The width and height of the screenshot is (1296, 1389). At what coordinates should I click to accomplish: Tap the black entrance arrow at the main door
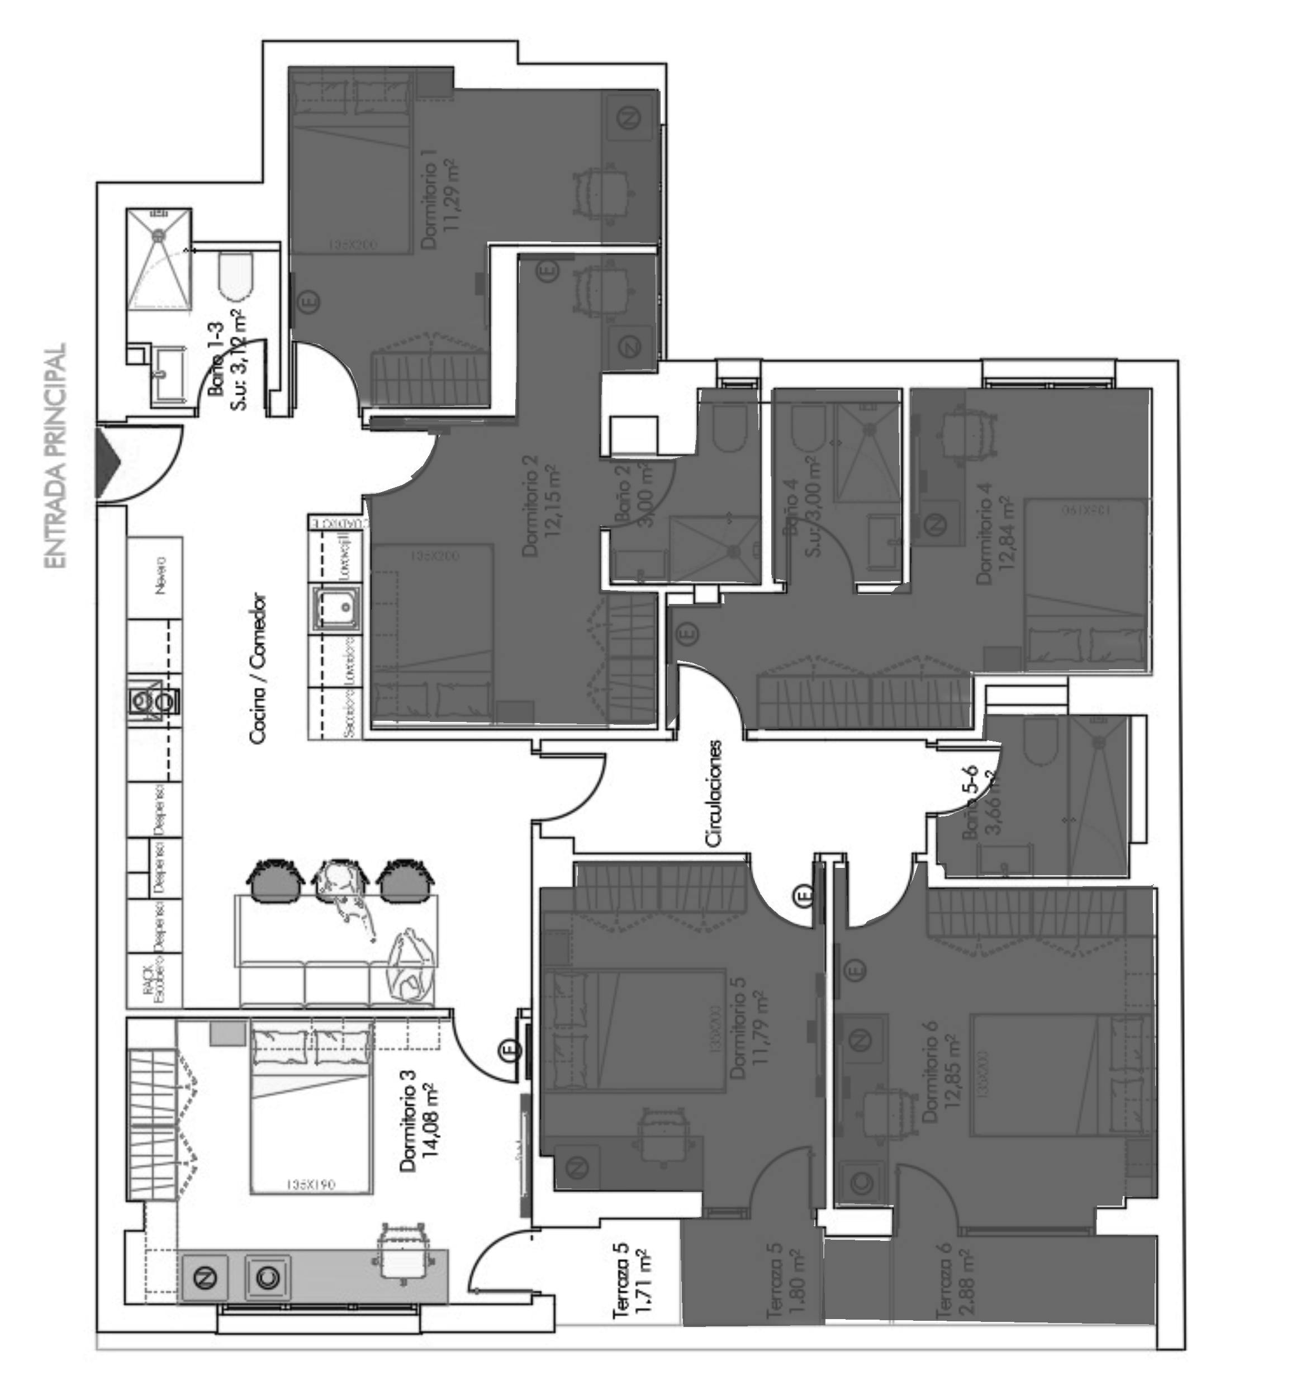106,462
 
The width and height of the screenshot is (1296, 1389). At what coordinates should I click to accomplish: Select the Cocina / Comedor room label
258,669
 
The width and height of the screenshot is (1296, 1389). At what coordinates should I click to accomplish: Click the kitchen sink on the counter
337,610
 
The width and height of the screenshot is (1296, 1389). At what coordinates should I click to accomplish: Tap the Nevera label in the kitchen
162,575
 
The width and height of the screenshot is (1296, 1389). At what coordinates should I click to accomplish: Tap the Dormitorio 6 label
929,1071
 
